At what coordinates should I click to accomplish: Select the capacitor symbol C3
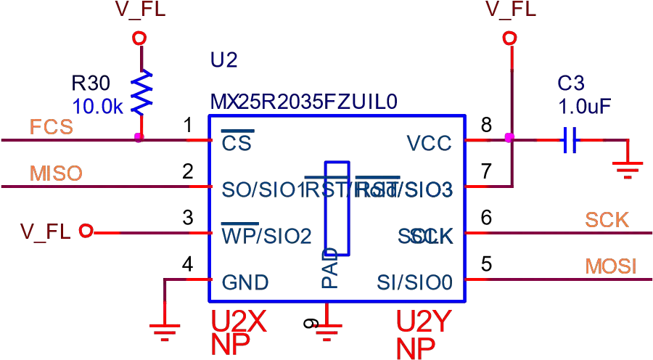[x=570, y=139]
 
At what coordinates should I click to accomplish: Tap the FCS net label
[x=52, y=127]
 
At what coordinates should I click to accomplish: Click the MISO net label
[x=56, y=174]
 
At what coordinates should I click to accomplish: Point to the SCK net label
[x=608, y=220]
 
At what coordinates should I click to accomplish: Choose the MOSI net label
[x=612, y=266]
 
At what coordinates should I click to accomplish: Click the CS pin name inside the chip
[x=236, y=143]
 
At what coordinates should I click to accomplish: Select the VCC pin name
[x=429, y=143]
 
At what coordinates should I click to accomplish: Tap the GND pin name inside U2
[x=245, y=282]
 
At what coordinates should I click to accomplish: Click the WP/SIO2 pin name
[x=266, y=236]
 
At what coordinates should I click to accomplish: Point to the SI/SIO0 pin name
[x=414, y=282]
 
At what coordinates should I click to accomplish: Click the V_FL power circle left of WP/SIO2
[x=86, y=232]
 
